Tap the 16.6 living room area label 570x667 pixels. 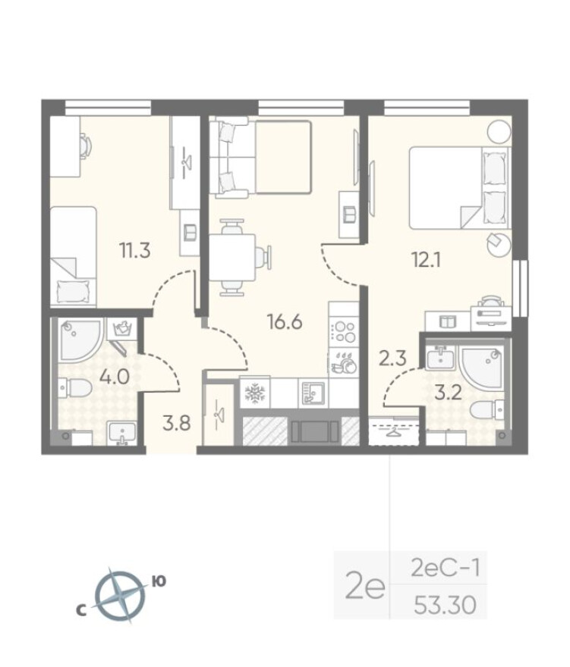285,321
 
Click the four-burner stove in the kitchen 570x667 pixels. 344,332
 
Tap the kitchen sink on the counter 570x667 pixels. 312,392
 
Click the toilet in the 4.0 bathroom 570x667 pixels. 76,389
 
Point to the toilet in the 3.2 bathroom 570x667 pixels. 483,411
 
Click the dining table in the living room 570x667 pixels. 232,258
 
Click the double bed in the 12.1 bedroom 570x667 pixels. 455,187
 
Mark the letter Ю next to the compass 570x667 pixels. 159,581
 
